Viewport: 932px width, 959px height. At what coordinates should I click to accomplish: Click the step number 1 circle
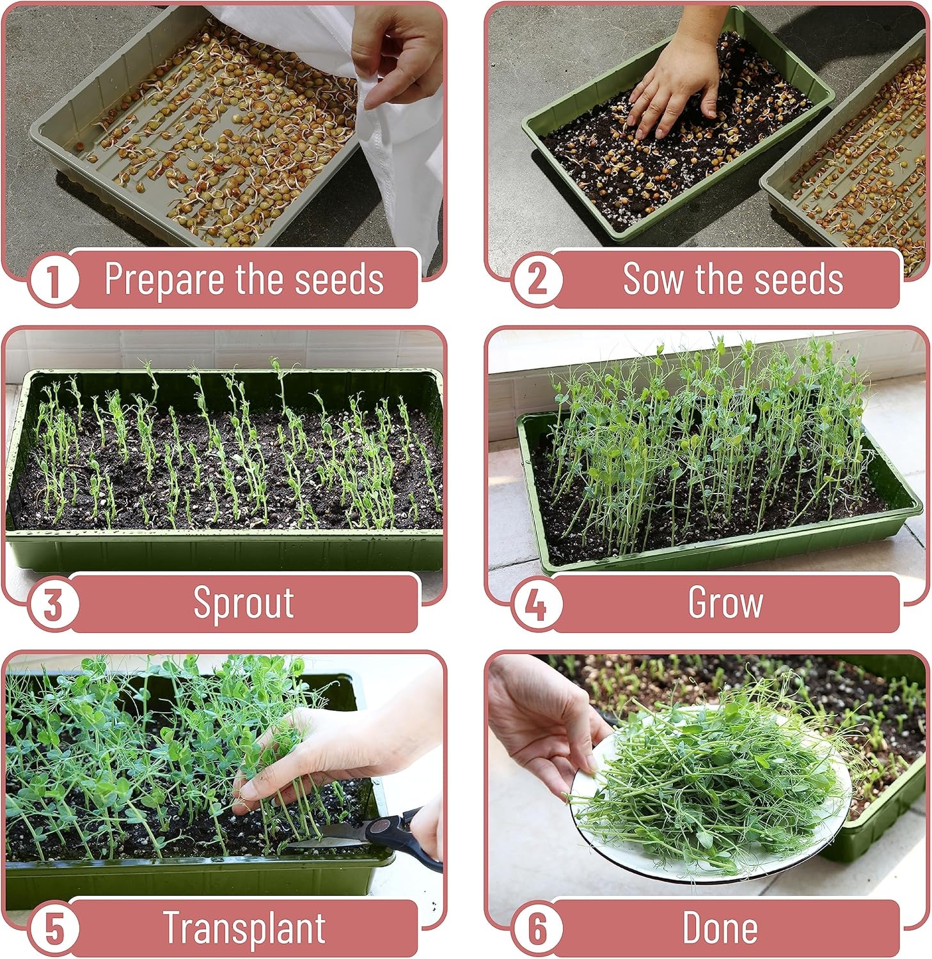coord(54,280)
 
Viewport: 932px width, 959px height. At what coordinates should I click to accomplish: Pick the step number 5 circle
coord(54,929)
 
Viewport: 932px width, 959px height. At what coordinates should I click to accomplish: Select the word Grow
coord(725,603)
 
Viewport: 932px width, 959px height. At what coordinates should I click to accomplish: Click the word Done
coord(720,928)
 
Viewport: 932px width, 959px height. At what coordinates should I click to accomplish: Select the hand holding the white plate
coord(544,722)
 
